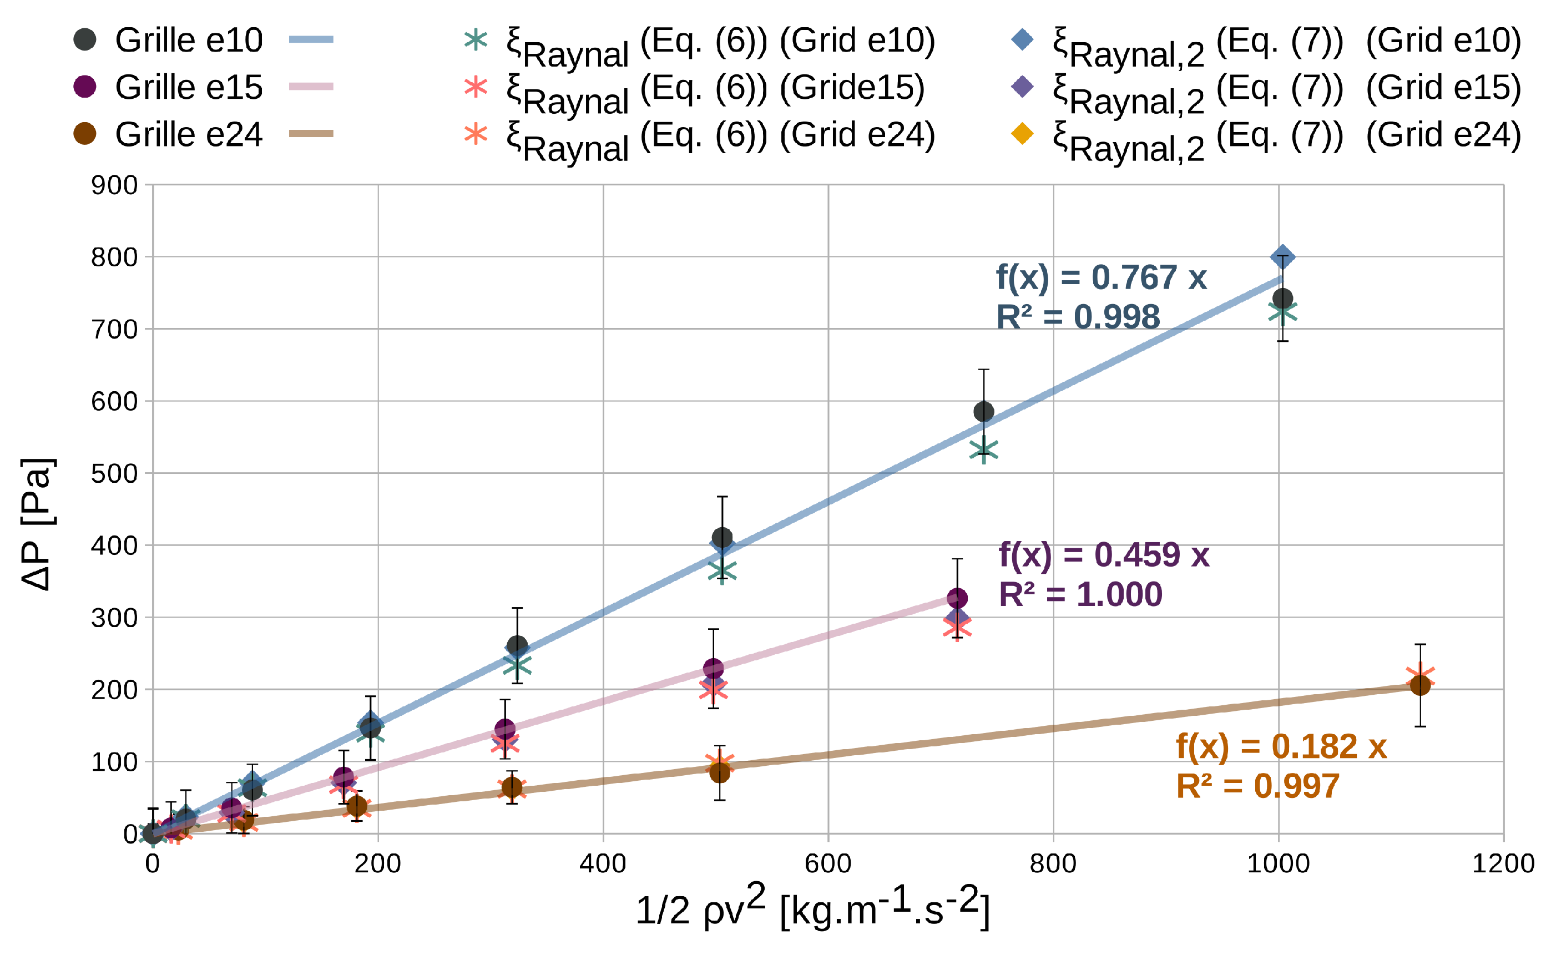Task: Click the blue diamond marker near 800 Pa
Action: (1282, 257)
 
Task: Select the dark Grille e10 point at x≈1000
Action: (1282, 299)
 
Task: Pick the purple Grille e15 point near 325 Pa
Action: (957, 598)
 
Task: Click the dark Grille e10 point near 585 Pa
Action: (984, 412)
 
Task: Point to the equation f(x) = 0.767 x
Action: (1101, 277)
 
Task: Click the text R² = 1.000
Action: (1080, 594)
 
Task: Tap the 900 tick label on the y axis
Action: (114, 186)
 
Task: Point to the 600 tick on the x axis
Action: (828, 864)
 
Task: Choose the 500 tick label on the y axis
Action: (114, 474)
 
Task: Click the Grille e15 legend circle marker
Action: (85, 87)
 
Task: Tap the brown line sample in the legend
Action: (311, 134)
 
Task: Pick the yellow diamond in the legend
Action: (1022, 134)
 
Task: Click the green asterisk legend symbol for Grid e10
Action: (475, 40)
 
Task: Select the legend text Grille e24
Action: (188, 134)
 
